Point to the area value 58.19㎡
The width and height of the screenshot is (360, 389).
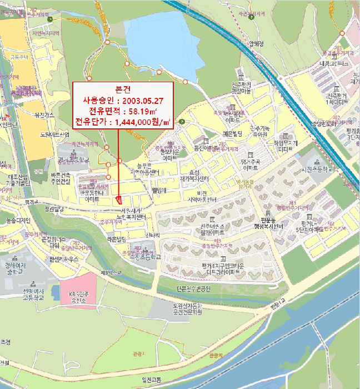pos(139,111)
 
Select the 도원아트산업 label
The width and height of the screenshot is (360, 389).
pos(54,134)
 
